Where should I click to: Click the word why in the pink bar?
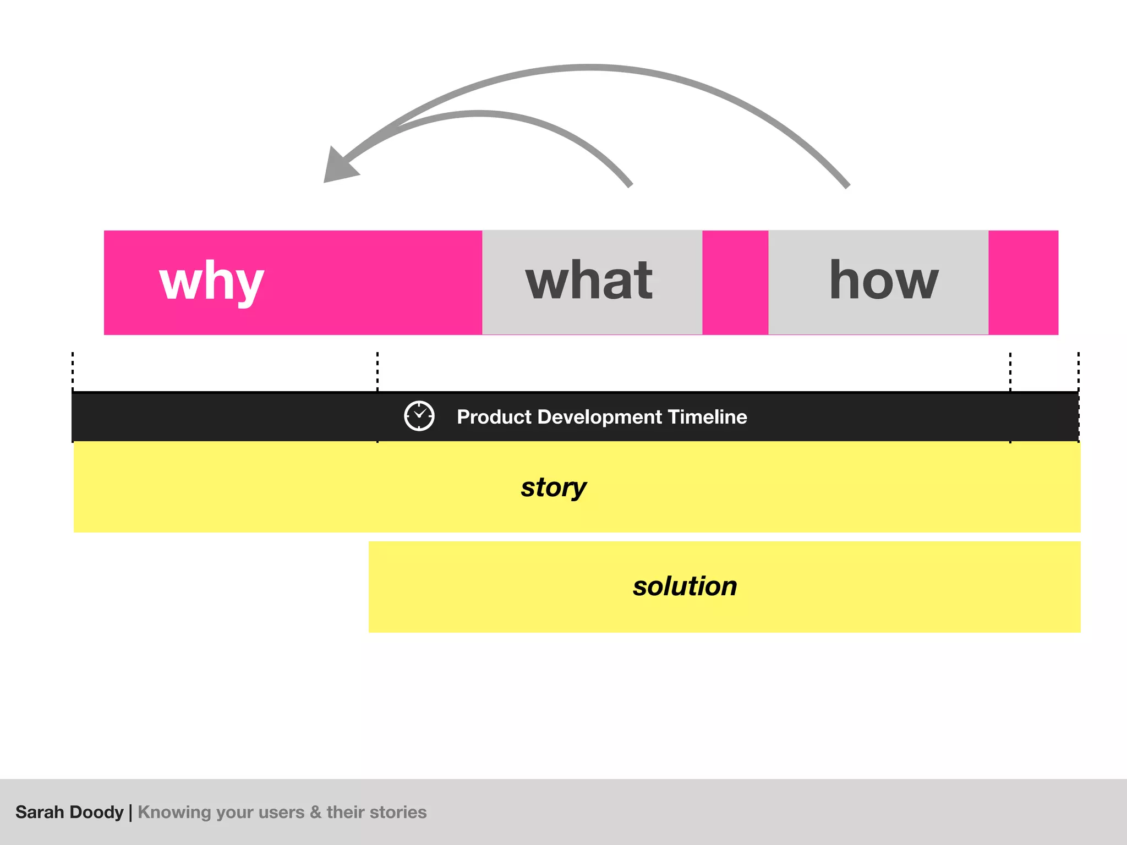[x=212, y=281]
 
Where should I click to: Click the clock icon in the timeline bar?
[x=419, y=416]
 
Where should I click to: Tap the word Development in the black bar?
[x=600, y=417]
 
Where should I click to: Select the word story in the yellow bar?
[x=554, y=487]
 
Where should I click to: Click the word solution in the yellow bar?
[x=685, y=586]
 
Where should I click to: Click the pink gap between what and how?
[x=735, y=282]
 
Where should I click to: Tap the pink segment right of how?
[x=1023, y=282]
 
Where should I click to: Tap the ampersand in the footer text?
[x=315, y=812]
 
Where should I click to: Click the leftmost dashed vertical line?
[x=73, y=371]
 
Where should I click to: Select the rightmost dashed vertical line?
[x=1078, y=371]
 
